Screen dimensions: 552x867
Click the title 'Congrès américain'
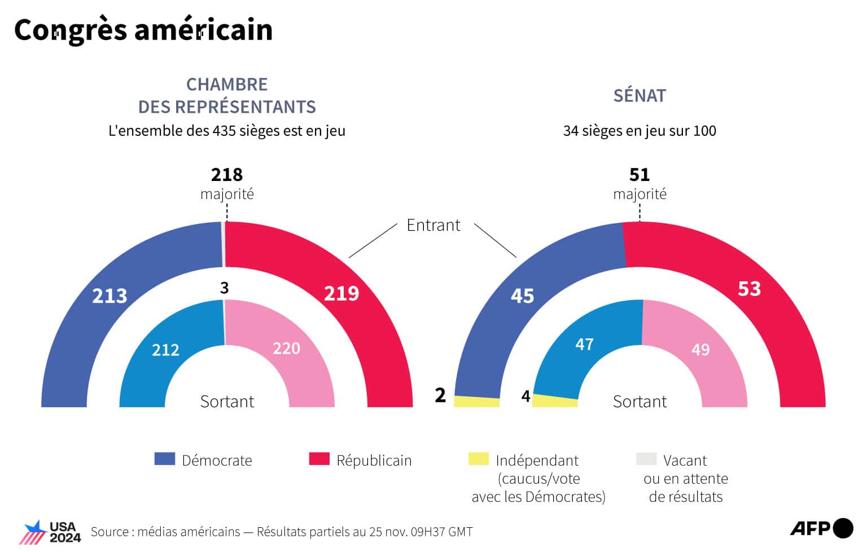[x=143, y=30]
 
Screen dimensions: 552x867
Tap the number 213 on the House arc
[x=110, y=296]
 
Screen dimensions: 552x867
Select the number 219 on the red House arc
[x=341, y=293]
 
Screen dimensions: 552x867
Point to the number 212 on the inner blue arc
[x=165, y=350]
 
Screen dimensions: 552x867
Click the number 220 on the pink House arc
[x=286, y=348]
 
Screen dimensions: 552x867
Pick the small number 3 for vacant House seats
[x=224, y=288]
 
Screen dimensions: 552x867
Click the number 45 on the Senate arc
[x=522, y=296]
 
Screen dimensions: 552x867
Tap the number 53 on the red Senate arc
[x=749, y=289]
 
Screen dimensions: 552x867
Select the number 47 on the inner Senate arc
[x=584, y=344]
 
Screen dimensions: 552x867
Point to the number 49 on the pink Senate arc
[x=700, y=350]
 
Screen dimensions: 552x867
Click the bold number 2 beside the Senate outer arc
[x=440, y=395]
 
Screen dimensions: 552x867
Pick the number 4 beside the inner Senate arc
[x=526, y=397]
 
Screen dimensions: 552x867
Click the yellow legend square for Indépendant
[x=478, y=459]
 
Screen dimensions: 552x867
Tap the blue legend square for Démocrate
[x=164, y=459]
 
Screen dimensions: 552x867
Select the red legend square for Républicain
[x=319, y=459]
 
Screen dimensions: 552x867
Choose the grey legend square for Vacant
[x=646, y=459]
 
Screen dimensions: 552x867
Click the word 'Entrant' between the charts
[x=433, y=225]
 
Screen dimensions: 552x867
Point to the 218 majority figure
[x=227, y=175]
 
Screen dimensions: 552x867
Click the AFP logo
[x=821, y=528]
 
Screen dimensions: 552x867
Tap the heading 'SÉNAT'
[x=640, y=96]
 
